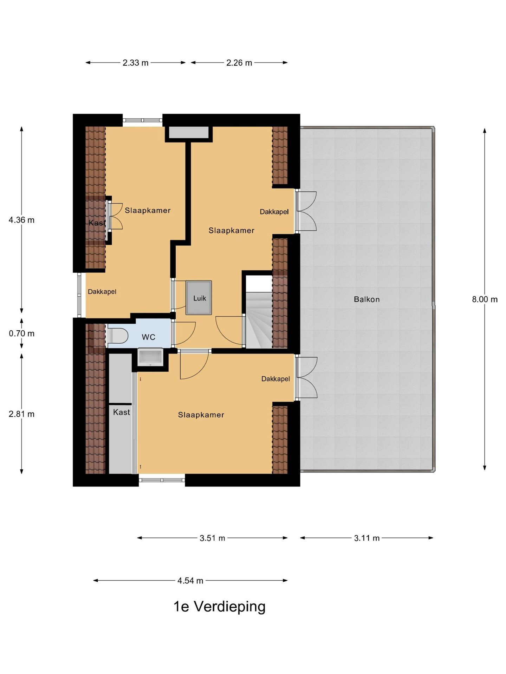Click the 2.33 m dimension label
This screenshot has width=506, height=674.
pos(135,63)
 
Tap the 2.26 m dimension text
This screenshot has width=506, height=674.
pos(239,63)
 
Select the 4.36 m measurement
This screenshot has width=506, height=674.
pos(21,220)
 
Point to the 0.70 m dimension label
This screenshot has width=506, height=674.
pos(21,333)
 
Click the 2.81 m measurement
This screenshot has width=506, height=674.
pos(21,414)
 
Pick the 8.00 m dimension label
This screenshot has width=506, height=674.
pos(485,299)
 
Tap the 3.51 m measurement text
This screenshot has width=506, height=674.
pos(212,538)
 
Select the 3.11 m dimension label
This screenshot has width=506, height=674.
pos(367,538)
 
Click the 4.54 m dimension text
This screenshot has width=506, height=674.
pos(190,581)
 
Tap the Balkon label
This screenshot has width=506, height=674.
pos(366,299)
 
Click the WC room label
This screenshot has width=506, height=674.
pos(148,337)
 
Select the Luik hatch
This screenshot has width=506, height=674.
pos(199,298)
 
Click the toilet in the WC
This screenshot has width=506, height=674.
pos(117,336)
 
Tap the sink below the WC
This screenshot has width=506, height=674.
pos(150,357)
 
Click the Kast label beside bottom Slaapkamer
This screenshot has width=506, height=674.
pos(122,412)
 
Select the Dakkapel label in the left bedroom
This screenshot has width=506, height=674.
pos(102,292)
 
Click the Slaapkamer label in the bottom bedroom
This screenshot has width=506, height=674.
pos(201,415)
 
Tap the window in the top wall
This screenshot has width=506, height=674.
pos(142,120)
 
